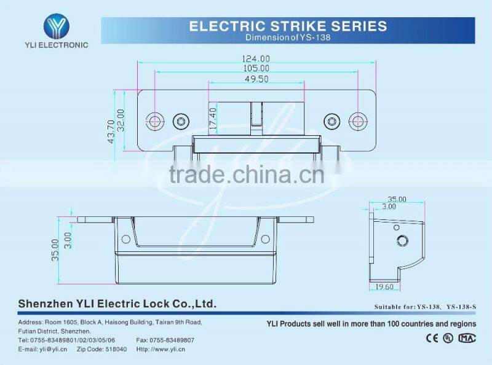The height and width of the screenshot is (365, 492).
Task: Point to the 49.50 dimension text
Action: pos(256,79)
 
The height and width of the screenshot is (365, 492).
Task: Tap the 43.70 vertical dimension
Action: pos(111,131)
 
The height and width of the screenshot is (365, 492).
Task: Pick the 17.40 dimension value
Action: pos(213,117)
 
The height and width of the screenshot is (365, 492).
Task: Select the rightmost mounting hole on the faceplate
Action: pos(357,120)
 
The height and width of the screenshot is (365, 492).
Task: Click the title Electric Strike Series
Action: pos(288,26)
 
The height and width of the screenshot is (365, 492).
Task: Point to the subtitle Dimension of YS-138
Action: pos(288,37)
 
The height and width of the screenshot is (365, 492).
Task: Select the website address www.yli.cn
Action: pos(169,349)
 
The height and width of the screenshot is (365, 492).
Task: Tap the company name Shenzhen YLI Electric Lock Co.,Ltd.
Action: pos(117,304)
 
